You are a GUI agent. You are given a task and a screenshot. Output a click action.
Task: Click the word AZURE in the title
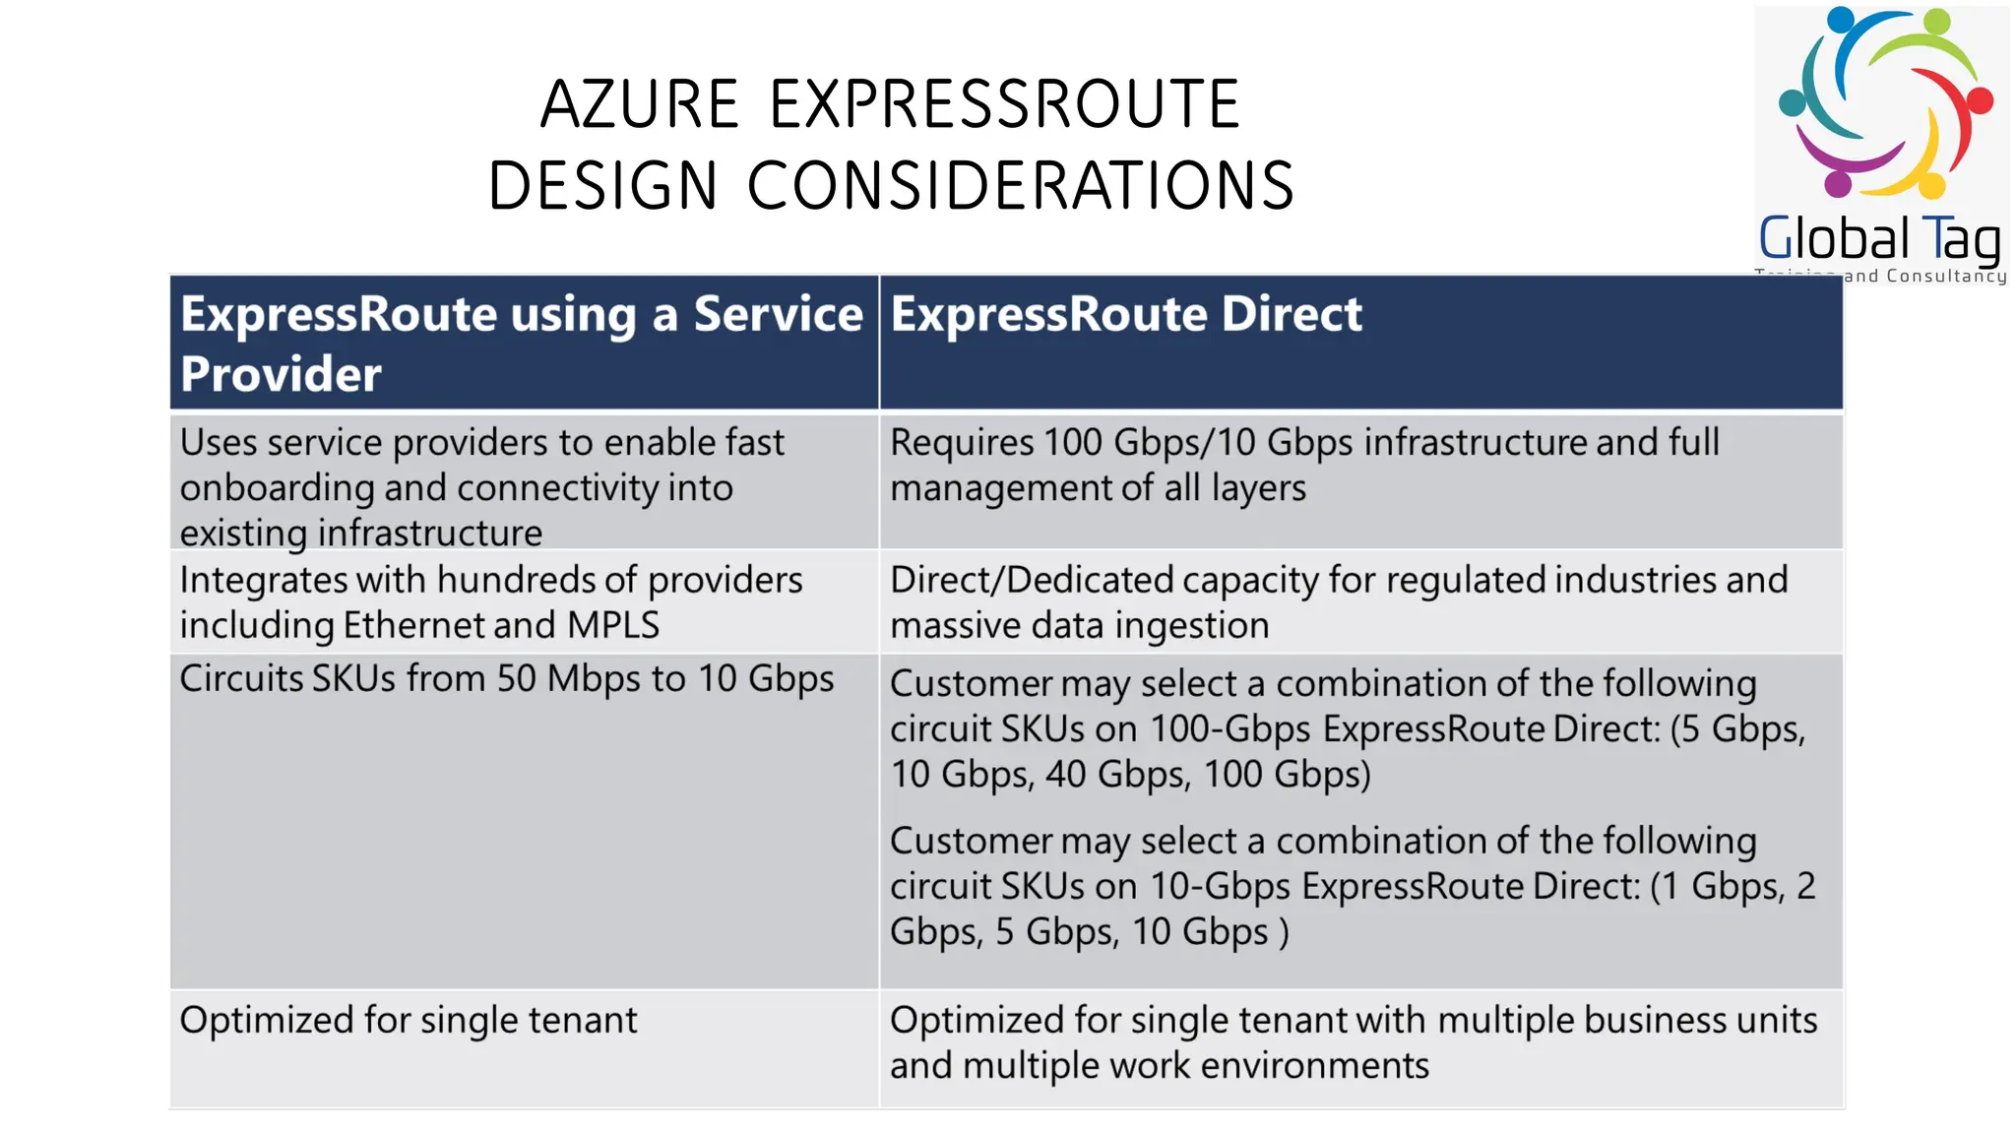click(x=639, y=104)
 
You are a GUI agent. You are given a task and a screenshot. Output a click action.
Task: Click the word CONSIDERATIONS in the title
click(x=1020, y=186)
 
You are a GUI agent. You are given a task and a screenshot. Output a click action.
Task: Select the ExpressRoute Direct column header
click(x=1125, y=315)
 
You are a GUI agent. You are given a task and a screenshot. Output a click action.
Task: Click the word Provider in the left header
click(x=281, y=375)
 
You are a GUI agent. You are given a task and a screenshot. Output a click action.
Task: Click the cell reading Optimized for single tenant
click(x=408, y=1021)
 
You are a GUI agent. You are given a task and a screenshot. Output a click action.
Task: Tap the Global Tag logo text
click(x=1878, y=239)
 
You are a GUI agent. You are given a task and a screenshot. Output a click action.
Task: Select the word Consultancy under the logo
click(x=1946, y=277)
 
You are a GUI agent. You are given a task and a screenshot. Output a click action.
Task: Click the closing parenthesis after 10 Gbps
click(x=1283, y=932)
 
